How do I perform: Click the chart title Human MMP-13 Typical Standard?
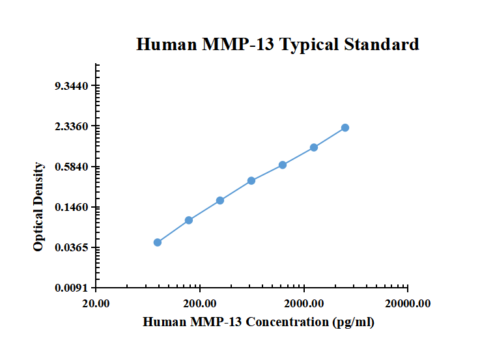click(x=277, y=45)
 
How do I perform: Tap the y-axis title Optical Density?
click(x=39, y=206)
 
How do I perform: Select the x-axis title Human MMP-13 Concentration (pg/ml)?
click(x=258, y=322)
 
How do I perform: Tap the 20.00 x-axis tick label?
click(x=96, y=303)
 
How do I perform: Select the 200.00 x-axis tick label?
click(x=200, y=303)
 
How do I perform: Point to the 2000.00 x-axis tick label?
click(x=304, y=303)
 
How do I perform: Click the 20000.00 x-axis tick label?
click(x=408, y=303)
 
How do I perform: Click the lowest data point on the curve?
click(x=158, y=242)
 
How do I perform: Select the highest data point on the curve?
click(x=345, y=128)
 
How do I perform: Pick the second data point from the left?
click(x=189, y=220)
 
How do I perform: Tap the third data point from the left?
click(x=220, y=201)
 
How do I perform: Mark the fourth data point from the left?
click(x=251, y=180)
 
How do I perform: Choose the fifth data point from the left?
click(x=283, y=165)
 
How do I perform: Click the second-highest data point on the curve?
click(x=314, y=147)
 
